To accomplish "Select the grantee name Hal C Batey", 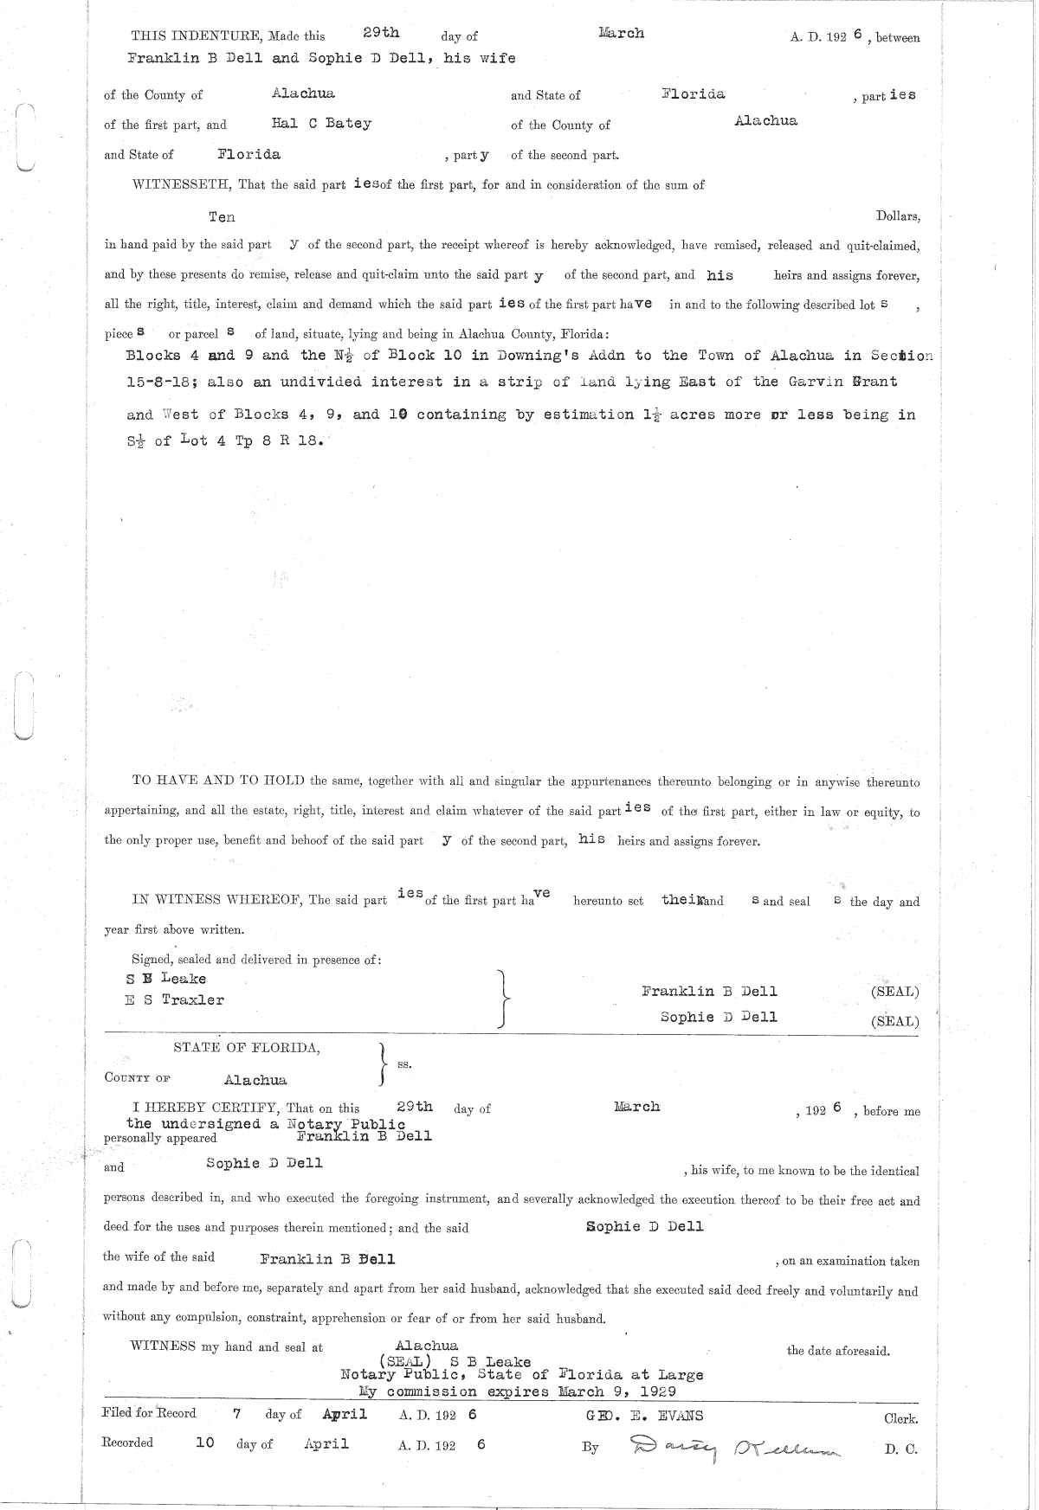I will [321, 124].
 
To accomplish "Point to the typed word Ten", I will [222, 217].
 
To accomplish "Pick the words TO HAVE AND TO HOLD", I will [217, 781].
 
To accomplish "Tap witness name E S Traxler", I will [175, 1000].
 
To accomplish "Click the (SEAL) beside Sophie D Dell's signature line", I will [894, 1021].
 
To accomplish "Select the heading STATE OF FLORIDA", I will [247, 1048].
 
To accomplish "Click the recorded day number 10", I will [205, 1443].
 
